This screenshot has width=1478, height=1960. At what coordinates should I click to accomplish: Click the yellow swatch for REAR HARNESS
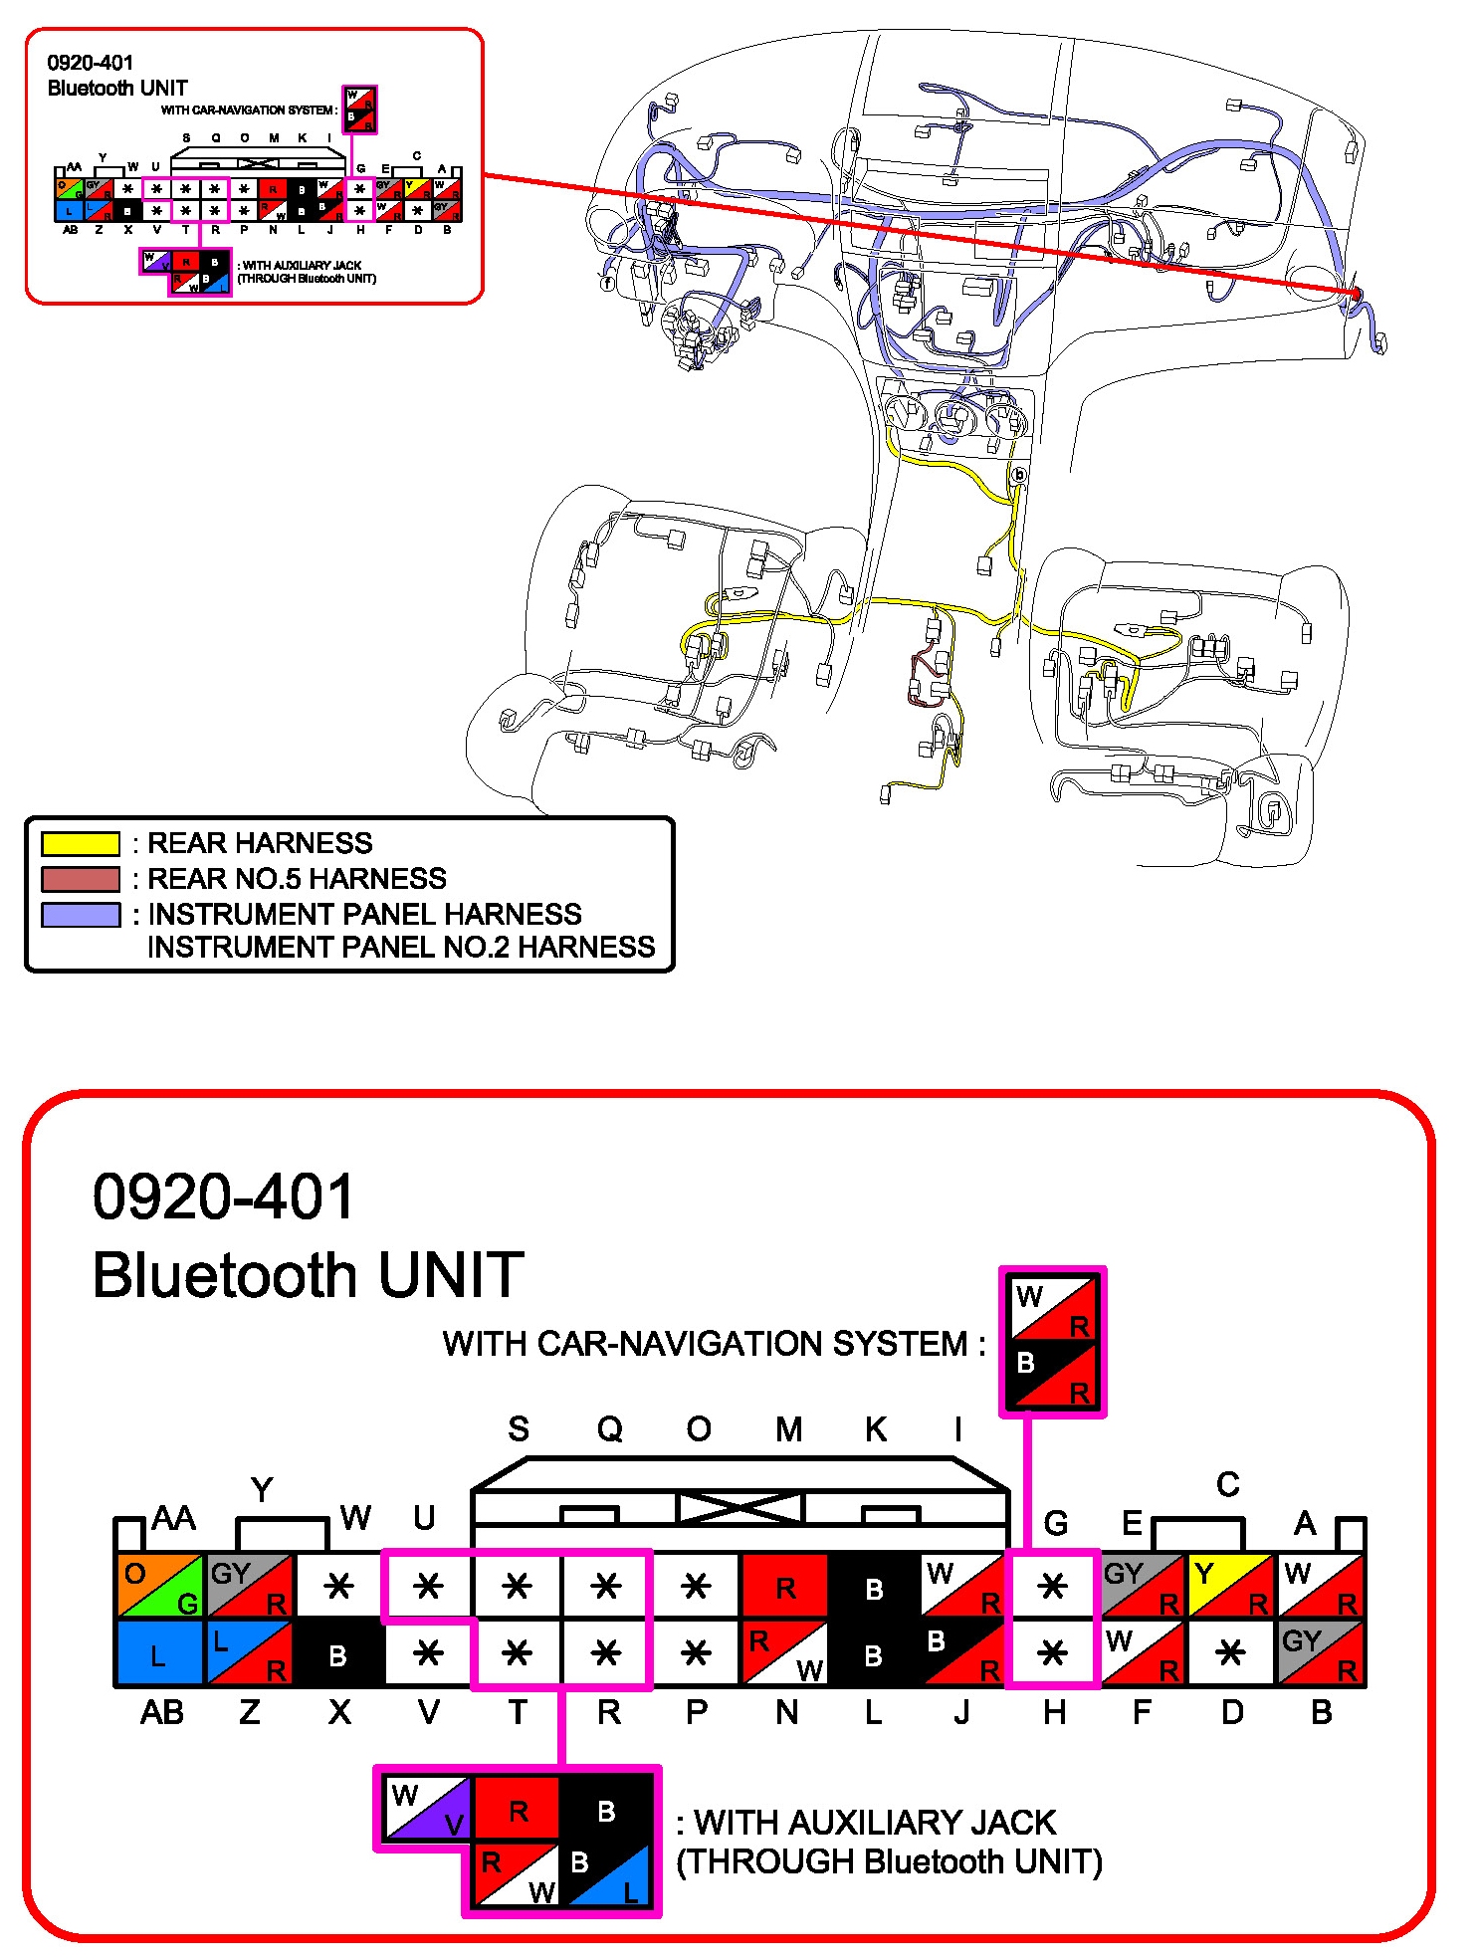(80, 843)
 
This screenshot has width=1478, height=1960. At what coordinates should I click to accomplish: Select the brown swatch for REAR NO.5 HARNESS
(80, 879)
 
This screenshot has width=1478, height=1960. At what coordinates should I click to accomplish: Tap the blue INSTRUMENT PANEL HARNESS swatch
(80, 914)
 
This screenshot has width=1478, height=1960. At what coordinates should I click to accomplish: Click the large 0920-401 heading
(223, 1196)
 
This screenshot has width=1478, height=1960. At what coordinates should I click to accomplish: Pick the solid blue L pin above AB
(160, 1653)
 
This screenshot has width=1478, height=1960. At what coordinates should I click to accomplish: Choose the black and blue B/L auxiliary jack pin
(606, 1873)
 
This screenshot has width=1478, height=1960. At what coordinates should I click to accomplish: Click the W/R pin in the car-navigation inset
(1053, 1308)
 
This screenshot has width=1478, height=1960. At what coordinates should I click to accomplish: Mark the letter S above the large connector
(518, 1429)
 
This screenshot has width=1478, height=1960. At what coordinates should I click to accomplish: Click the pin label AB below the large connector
(162, 1712)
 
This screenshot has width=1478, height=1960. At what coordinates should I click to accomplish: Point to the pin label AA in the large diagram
(173, 1519)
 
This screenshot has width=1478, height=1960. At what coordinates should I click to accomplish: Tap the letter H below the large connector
(1054, 1712)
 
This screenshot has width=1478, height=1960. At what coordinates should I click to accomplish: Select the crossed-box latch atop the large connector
(739, 1507)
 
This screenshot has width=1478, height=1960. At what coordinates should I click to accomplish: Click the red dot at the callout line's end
(1357, 294)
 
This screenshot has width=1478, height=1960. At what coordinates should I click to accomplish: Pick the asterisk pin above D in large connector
(1230, 1653)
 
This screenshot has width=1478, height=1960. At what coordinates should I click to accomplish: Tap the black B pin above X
(338, 1653)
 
